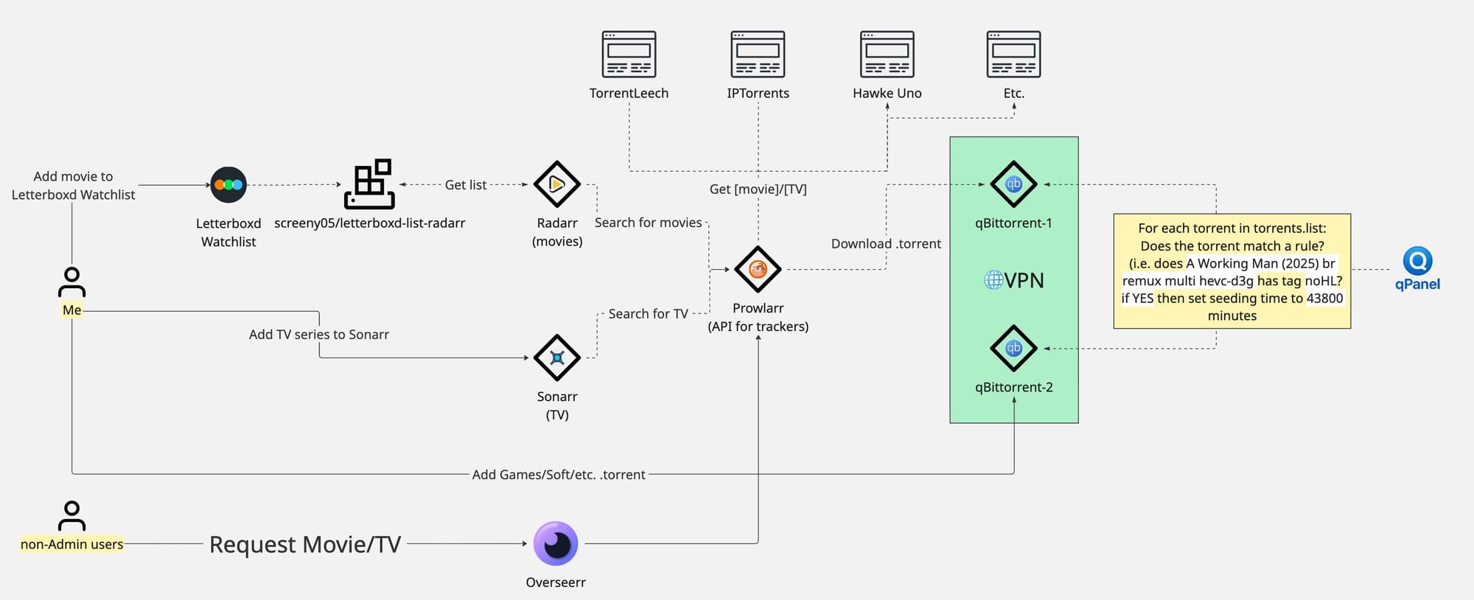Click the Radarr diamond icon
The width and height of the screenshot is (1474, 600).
coord(556,184)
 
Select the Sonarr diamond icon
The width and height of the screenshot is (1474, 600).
coord(556,358)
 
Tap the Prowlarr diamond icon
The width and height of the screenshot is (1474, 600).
coord(758,270)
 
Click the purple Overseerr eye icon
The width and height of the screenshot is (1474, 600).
coord(556,544)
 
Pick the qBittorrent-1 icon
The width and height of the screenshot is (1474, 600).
coord(1013,184)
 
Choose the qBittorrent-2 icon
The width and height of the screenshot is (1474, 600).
coord(1013,348)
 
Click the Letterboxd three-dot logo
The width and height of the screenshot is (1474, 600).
coord(228,185)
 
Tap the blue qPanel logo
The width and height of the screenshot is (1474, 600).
coord(1417,262)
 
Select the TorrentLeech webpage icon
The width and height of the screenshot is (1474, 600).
coord(629,54)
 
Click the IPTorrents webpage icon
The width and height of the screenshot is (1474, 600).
coord(758,54)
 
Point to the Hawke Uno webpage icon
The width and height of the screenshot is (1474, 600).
coord(887,54)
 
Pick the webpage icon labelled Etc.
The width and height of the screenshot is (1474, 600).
coord(1013,54)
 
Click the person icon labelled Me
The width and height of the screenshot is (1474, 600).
coord(71,282)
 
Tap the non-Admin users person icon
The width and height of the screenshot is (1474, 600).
coord(71,516)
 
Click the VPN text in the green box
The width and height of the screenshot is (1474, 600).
coord(1023,280)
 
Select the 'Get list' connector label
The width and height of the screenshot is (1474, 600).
coord(465,185)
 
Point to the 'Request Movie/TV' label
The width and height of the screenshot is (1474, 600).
coord(305,544)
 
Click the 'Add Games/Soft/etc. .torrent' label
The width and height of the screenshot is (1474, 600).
coord(559,475)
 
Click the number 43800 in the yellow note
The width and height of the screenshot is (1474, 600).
coord(1324,298)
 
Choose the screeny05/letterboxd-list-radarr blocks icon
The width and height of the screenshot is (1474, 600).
coord(369,184)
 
